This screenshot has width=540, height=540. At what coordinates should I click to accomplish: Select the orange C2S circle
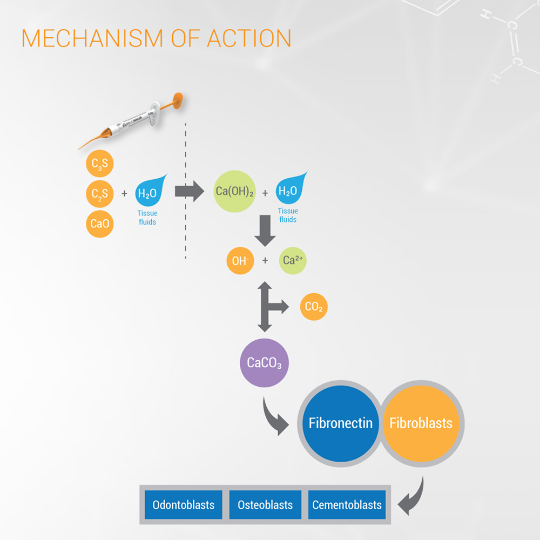coord(100,194)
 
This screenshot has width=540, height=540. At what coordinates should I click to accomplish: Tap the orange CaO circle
coord(100,223)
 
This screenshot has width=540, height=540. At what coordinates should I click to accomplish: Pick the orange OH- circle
coord(240,260)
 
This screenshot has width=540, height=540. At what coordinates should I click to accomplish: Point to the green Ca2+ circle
coord(293,260)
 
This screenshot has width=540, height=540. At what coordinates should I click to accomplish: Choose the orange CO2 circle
coord(314,307)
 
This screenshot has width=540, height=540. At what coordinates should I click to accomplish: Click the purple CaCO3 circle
coord(264,362)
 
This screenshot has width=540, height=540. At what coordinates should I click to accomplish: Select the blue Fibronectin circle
coord(340,423)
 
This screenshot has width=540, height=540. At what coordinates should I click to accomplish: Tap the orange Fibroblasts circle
coord(421,423)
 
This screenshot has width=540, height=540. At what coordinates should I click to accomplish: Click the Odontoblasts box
coord(184,505)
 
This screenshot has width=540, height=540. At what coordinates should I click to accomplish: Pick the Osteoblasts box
coord(265,505)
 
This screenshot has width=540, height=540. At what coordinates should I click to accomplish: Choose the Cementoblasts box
coord(347,505)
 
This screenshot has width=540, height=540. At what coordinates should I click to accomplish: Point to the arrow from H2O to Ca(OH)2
coord(189,191)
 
